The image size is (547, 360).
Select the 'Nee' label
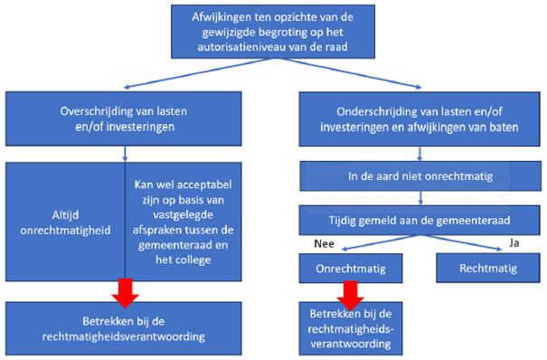pos(324,242)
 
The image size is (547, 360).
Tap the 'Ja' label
pos(513,242)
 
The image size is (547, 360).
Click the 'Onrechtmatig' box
pos(352,268)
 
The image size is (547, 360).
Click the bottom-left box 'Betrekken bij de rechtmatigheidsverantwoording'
pos(124,327)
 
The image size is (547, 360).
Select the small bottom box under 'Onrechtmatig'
pos(352,327)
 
